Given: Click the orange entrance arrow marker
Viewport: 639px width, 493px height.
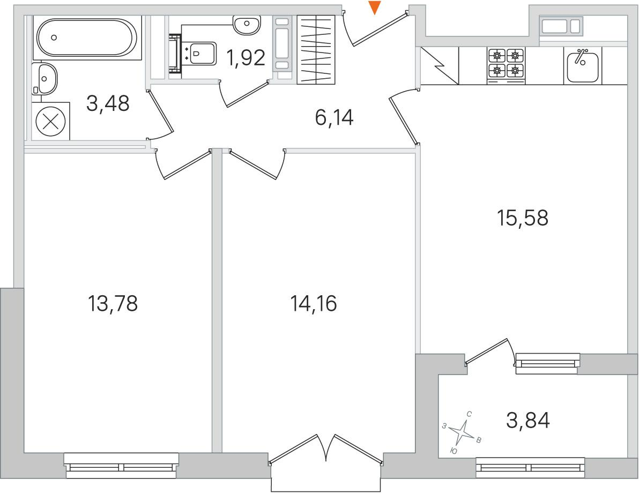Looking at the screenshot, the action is (x=374, y=8).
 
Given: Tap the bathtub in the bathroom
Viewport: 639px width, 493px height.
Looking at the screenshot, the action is (x=86, y=38).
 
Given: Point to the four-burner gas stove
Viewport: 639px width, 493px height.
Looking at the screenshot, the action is (x=506, y=65).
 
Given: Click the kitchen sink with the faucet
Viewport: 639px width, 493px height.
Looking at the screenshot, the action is (x=582, y=65).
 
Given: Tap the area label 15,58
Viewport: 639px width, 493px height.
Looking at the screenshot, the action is (x=523, y=218).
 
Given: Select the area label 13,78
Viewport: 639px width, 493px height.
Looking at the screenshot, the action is (x=113, y=303).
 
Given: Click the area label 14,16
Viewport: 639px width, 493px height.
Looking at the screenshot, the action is (x=313, y=303).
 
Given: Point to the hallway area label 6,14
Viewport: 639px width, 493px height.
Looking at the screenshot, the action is (x=334, y=118).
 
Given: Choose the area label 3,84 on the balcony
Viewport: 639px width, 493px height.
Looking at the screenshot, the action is (x=527, y=420).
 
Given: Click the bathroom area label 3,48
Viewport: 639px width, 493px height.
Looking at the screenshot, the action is (x=108, y=103).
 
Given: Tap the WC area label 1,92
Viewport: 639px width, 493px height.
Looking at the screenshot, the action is (x=246, y=58).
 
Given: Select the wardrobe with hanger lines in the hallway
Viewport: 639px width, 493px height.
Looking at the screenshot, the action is (x=316, y=50).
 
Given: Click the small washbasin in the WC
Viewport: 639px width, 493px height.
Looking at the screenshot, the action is (x=247, y=25).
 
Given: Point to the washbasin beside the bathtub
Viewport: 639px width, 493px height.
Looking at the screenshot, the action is (x=44, y=79).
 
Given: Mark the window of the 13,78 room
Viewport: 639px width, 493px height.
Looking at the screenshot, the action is (x=122, y=465).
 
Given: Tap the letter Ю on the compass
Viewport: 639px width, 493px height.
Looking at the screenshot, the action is (x=453, y=451).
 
